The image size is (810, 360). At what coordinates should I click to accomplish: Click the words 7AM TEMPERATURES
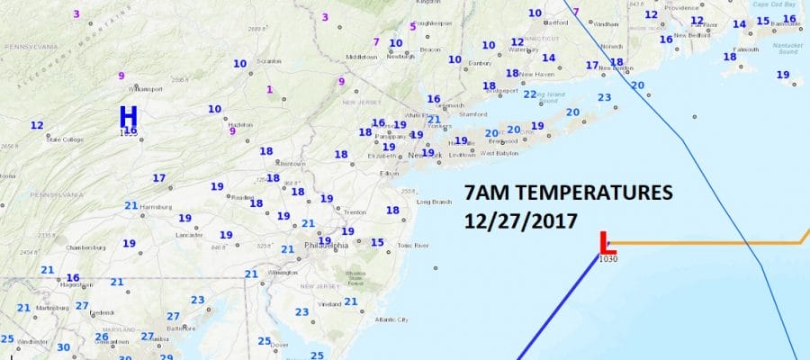coord(569,193)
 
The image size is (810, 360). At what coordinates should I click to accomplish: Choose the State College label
coord(65,139)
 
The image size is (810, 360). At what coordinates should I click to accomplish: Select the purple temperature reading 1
coord(268,88)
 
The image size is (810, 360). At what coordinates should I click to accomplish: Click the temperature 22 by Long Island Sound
coord(530,94)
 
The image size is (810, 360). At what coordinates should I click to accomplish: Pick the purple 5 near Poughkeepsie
coord(412,26)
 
